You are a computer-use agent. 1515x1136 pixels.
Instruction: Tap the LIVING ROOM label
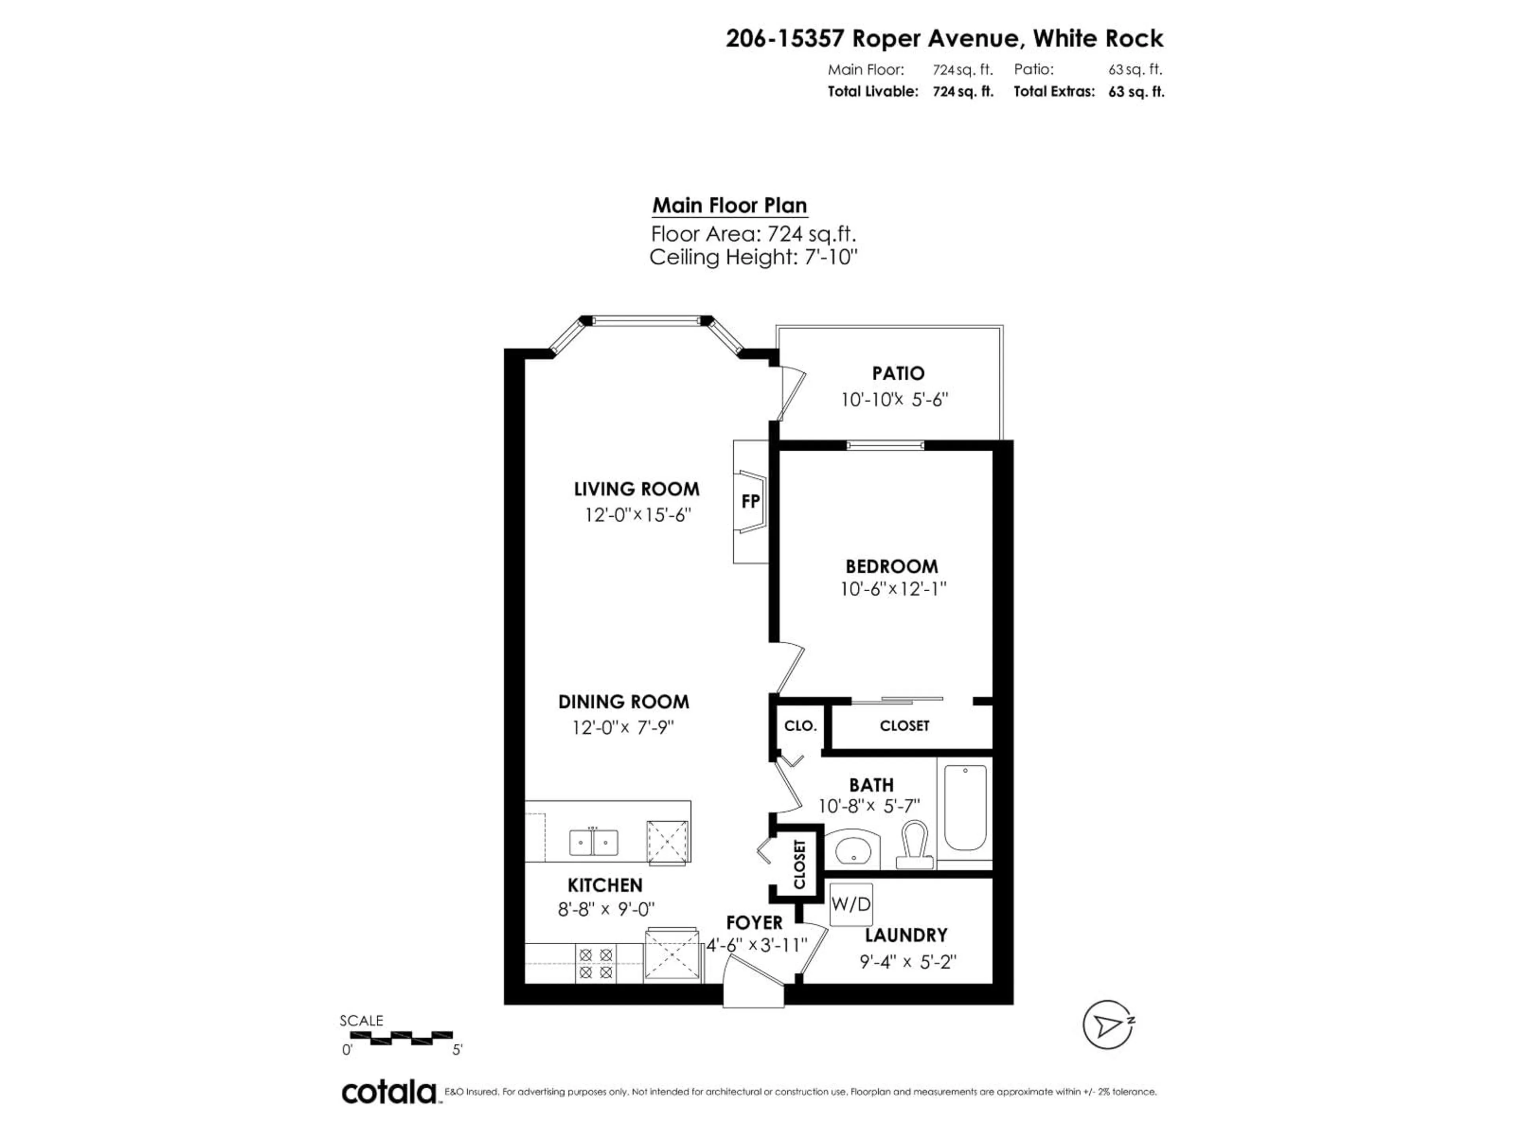(636, 489)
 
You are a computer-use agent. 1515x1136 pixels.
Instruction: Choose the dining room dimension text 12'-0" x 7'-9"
(623, 727)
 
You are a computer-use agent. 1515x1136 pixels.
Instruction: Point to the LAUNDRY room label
(905, 935)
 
